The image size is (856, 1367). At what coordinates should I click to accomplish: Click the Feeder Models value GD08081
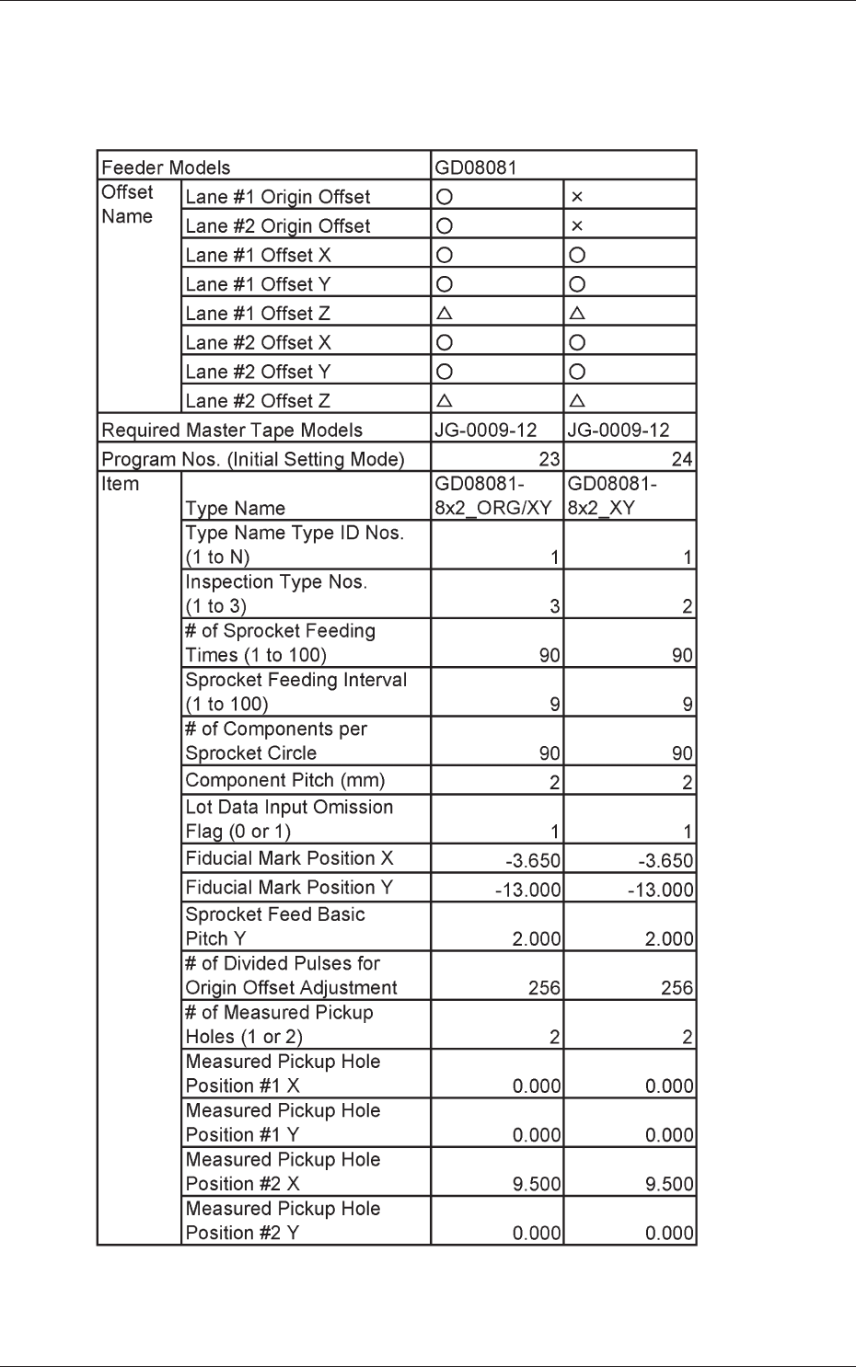coord(476,167)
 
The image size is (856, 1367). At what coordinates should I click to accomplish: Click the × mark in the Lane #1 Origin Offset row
coord(577,197)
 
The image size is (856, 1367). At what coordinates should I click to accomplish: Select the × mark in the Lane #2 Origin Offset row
coord(577,226)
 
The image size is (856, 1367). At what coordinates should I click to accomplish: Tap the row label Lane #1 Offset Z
coord(258,314)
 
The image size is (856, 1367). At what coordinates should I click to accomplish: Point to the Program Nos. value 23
coord(549,459)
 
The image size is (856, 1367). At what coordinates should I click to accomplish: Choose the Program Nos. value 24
coord(682,459)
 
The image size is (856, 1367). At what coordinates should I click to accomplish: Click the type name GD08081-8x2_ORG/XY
coord(493,496)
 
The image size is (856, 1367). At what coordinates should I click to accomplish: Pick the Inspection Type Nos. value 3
coord(555,606)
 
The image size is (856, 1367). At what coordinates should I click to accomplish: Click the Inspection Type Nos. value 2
coord(688,606)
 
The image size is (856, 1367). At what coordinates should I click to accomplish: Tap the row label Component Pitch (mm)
coord(285,780)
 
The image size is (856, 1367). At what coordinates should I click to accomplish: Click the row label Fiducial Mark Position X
coord(289,858)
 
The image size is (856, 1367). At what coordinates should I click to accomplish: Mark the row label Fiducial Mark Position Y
coord(289,888)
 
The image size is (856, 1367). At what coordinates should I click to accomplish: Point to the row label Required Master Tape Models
coord(232,431)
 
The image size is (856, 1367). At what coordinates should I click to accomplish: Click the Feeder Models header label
coord(166,167)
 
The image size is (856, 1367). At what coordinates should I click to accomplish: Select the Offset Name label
coord(127,204)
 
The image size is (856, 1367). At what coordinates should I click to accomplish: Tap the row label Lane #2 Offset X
coord(258,343)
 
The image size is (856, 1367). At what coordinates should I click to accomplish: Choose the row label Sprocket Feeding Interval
coord(295,692)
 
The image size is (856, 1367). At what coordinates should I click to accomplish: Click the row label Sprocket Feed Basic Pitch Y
coord(275,926)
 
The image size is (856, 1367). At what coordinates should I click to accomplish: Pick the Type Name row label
coord(236,509)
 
